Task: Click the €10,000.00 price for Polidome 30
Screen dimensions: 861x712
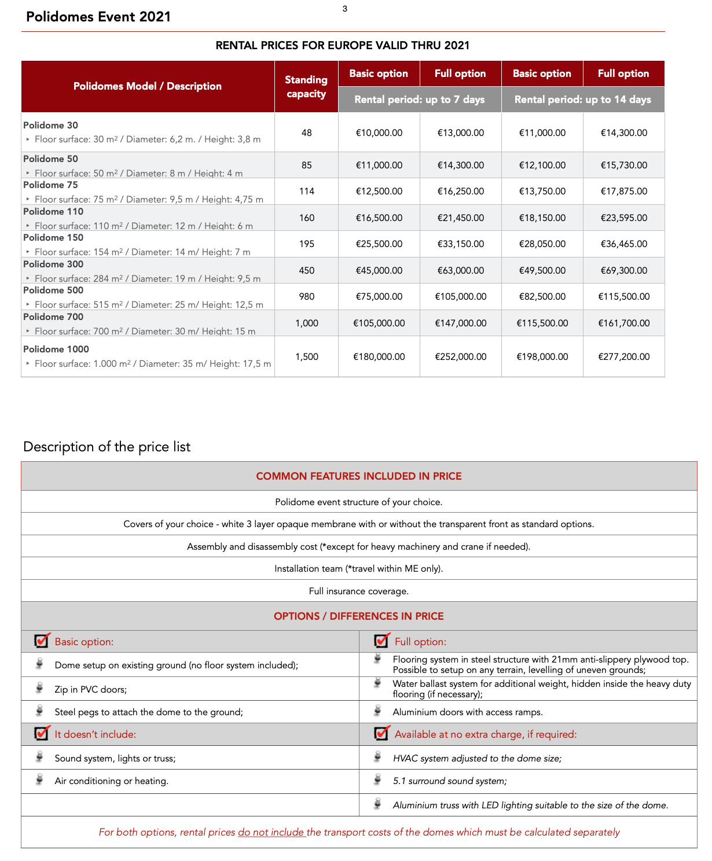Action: (x=379, y=133)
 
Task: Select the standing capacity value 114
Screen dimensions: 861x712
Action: (x=306, y=191)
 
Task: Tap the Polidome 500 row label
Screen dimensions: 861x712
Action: (x=53, y=290)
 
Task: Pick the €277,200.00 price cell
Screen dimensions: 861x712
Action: (x=623, y=356)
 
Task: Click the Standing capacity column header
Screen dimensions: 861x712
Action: (x=306, y=87)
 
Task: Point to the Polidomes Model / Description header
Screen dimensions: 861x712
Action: (x=148, y=86)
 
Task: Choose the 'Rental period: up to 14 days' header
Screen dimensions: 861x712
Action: (x=582, y=100)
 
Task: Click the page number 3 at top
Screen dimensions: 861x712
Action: (x=345, y=9)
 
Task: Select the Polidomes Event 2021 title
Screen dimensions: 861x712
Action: (x=98, y=17)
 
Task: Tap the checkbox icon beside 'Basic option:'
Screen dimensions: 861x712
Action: (x=42, y=641)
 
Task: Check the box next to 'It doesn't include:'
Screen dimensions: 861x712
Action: (x=42, y=733)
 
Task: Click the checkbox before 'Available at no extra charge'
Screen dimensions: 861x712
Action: (x=381, y=733)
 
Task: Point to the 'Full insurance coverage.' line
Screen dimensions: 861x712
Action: (x=359, y=591)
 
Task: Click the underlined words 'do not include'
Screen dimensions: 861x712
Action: (x=271, y=832)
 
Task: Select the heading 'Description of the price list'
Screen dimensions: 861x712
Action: (x=107, y=447)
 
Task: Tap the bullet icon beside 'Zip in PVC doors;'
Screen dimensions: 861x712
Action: (x=39, y=688)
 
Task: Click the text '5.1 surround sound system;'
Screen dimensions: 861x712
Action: (x=450, y=781)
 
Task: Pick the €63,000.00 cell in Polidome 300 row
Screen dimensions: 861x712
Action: (x=460, y=270)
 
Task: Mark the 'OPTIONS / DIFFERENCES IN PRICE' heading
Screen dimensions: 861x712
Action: (x=359, y=616)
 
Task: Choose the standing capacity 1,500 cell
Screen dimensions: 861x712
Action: (x=306, y=356)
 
